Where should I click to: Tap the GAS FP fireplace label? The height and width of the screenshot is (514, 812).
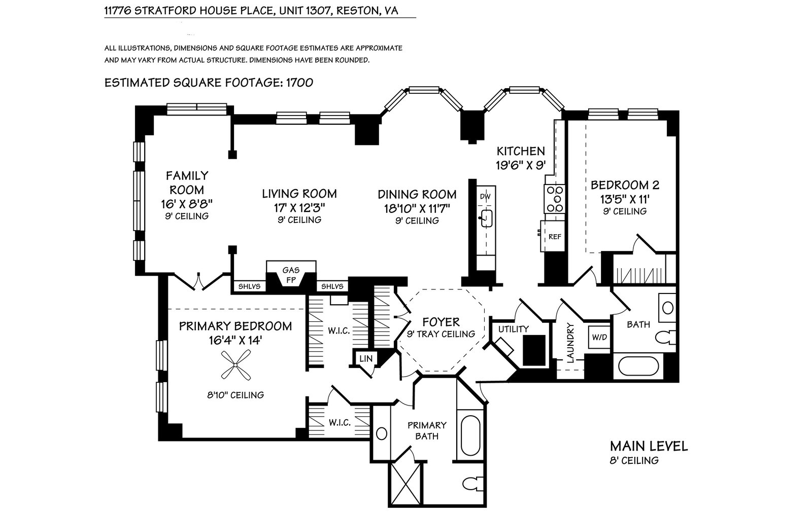click(x=291, y=274)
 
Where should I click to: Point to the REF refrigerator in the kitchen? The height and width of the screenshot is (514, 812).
click(x=554, y=236)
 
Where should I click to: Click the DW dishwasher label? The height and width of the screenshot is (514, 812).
click(x=485, y=196)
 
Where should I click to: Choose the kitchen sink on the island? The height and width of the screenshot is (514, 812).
click(x=486, y=218)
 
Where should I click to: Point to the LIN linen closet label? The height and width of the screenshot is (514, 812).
click(x=365, y=358)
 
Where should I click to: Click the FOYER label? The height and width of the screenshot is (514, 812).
click(x=441, y=322)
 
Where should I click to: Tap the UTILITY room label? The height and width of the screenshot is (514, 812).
click(x=513, y=329)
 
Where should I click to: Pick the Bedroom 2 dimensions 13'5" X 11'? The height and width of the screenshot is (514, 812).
click(x=625, y=199)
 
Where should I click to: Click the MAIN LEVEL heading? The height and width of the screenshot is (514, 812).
click(x=649, y=446)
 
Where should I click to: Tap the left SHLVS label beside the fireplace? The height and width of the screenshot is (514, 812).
click(x=249, y=286)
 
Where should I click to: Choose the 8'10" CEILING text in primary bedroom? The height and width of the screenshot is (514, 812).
click(x=234, y=394)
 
